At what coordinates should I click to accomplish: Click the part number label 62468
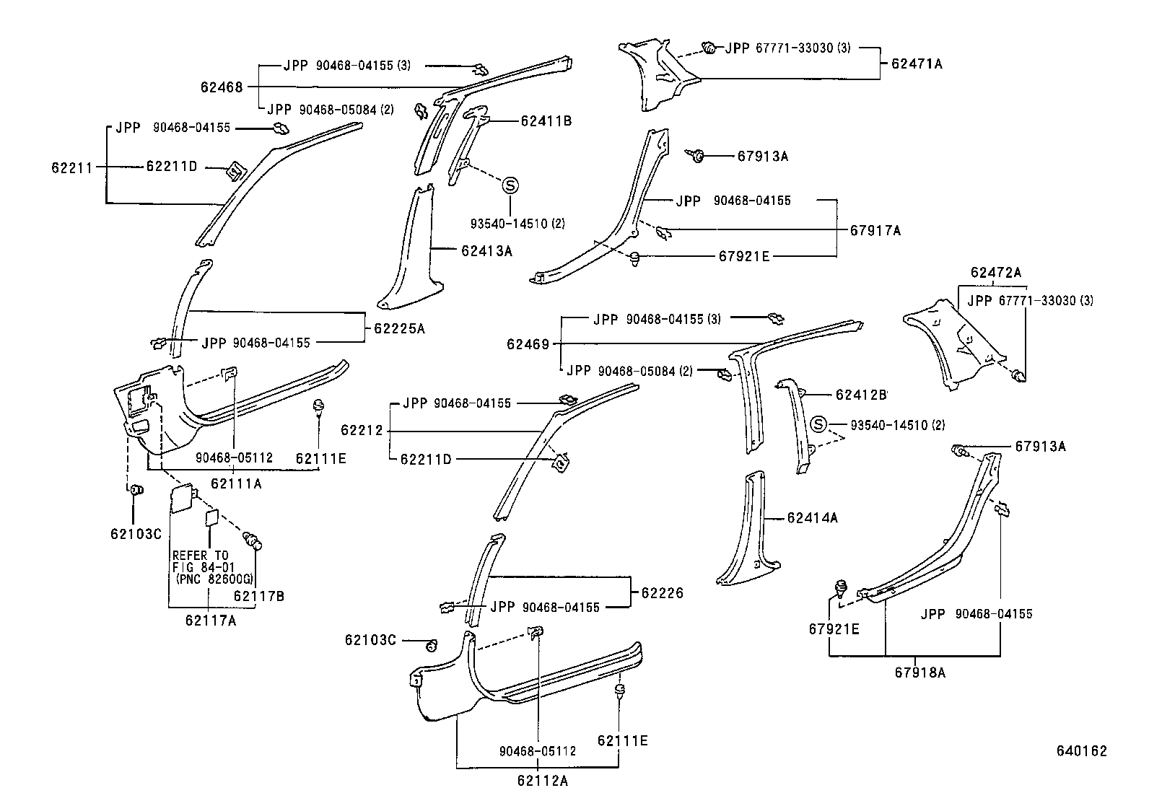[222, 87]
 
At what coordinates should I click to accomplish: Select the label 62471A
[917, 63]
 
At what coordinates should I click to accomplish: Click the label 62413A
[486, 251]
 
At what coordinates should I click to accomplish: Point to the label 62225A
[399, 328]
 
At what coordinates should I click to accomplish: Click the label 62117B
[259, 596]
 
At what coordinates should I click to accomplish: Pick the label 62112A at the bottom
[542, 780]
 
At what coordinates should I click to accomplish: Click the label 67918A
[920, 672]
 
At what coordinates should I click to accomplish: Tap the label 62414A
[813, 517]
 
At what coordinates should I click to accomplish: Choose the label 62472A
[996, 273]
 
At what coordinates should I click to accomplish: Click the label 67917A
[875, 231]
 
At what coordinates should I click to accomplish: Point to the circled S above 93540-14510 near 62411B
[510, 185]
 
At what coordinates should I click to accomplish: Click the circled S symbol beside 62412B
[818, 424]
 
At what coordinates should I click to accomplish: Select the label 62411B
[546, 121]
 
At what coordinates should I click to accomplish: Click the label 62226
[662, 593]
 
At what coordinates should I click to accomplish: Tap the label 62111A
[236, 483]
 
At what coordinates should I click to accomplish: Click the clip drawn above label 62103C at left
[135, 491]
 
